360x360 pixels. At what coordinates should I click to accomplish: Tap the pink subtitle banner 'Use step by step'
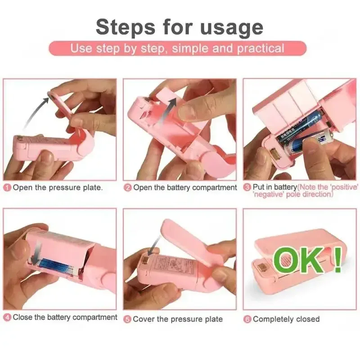pos(177,48)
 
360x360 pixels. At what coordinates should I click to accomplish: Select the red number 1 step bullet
pos(7,188)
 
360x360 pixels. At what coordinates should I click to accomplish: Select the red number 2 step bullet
pos(128,188)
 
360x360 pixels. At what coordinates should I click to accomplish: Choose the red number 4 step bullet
pos(7,318)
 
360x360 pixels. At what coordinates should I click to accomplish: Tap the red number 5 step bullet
pos(128,319)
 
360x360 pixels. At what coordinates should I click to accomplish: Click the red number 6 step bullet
pos(247,319)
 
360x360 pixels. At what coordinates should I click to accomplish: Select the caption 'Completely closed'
pos(286,319)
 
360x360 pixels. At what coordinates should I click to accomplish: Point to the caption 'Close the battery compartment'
pos(65,318)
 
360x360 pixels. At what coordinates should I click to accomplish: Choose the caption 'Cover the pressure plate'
pos(178,319)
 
